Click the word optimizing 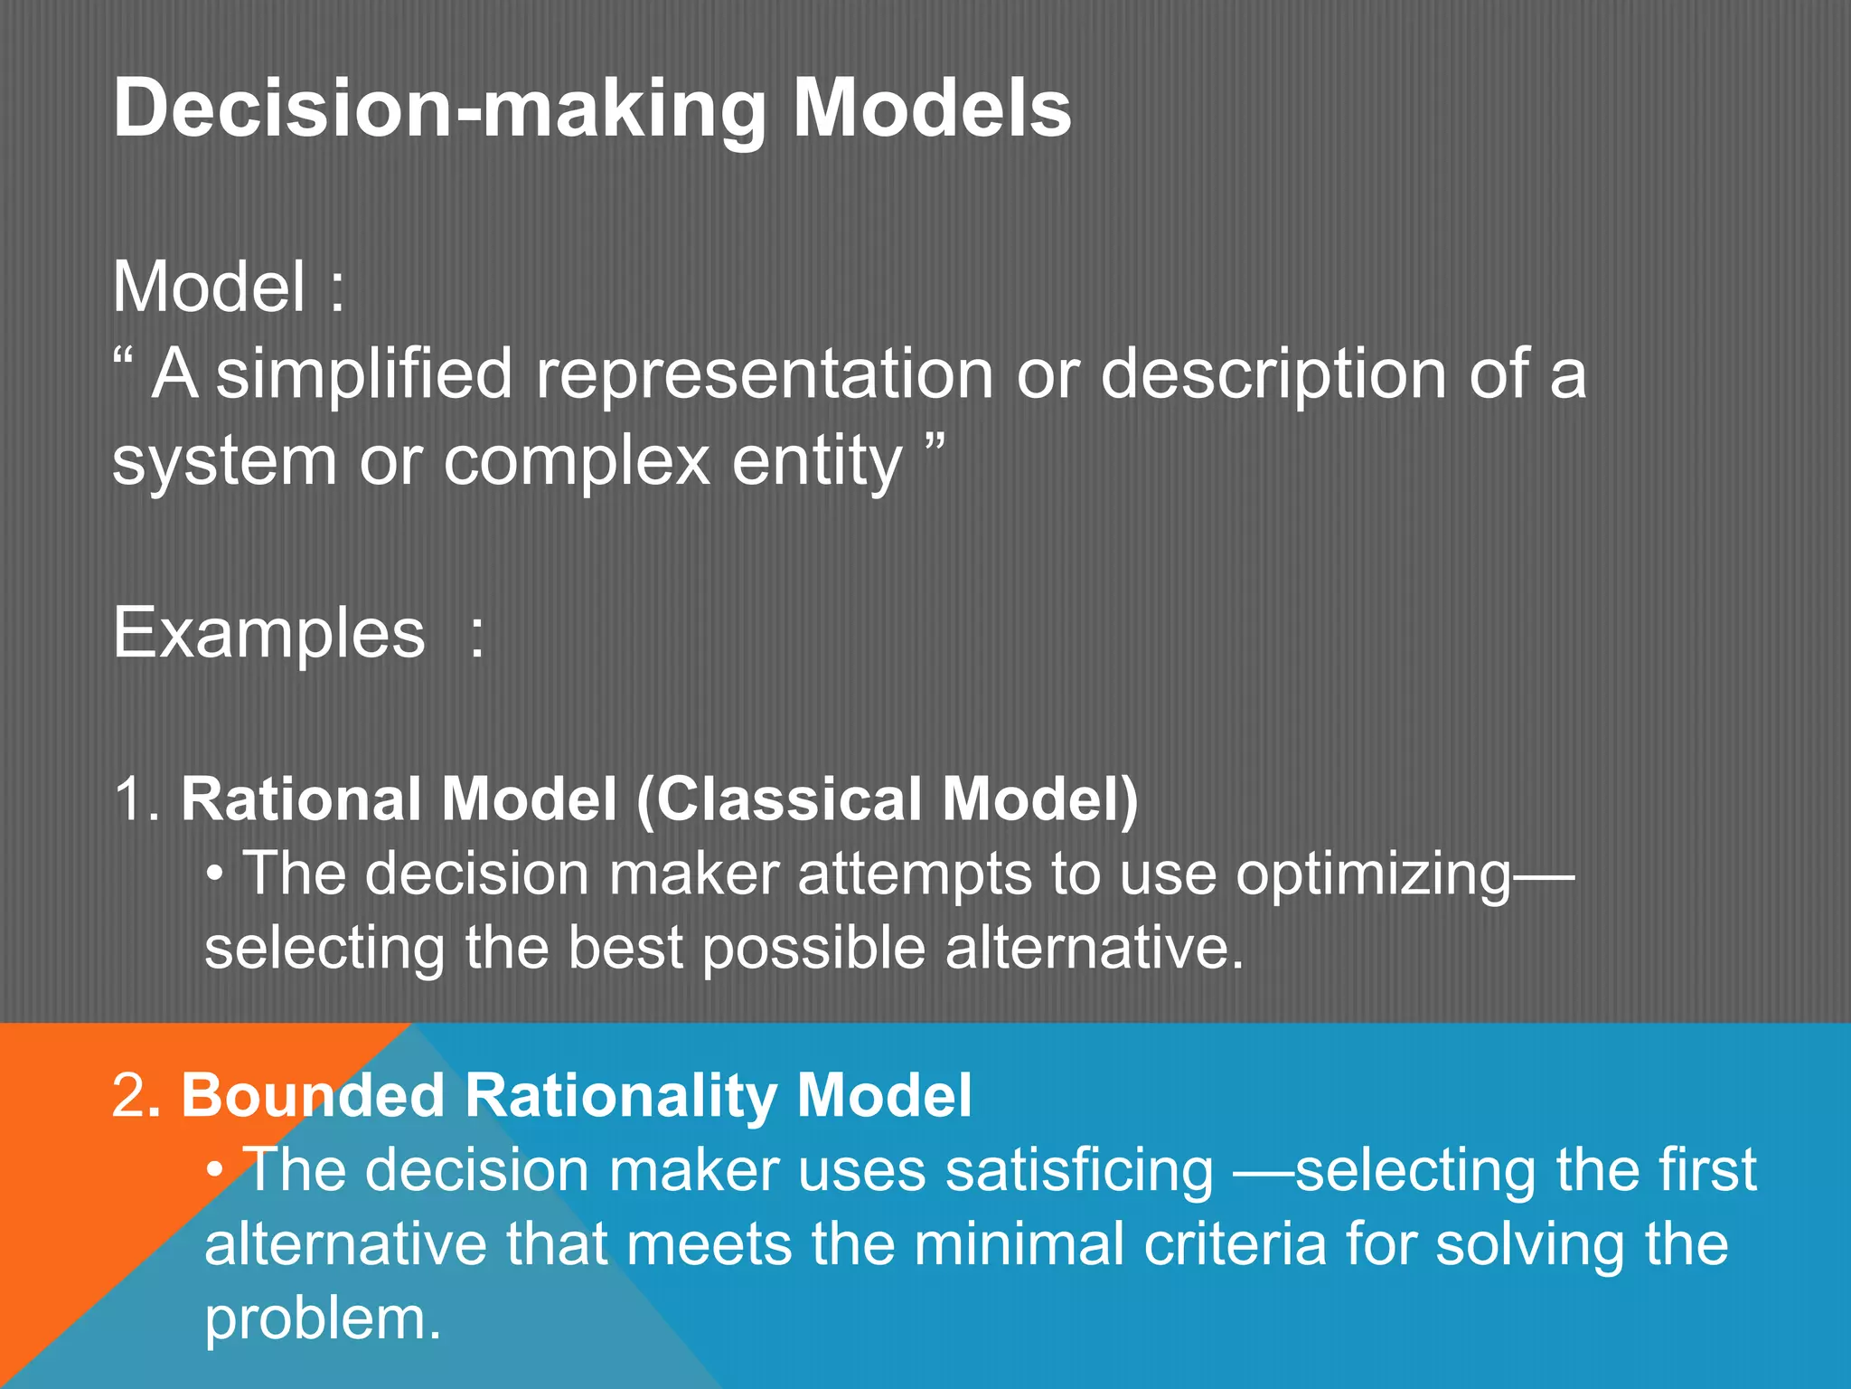(1372, 875)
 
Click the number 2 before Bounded (127, 1096)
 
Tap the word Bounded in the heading (313, 1096)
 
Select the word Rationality (620, 1096)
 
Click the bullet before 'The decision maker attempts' (214, 875)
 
